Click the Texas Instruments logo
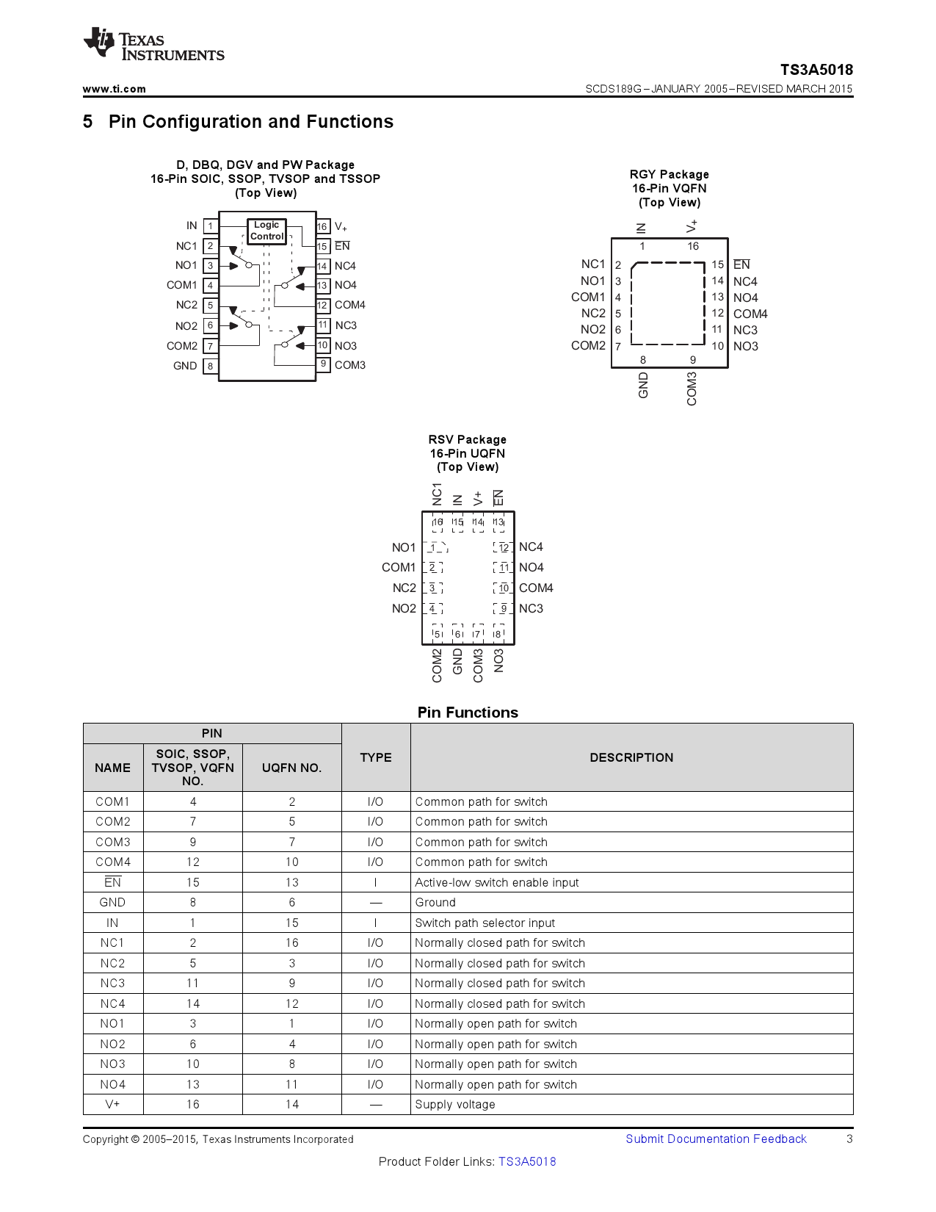(153, 45)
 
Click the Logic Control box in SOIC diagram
(266, 231)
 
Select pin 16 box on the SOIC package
(322, 226)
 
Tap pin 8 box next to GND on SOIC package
(210, 366)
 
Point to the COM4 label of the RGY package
(750, 314)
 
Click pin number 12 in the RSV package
(504, 547)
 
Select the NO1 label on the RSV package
(403, 547)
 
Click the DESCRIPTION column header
(631, 757)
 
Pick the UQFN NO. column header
(291, 768)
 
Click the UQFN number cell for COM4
(291, 862)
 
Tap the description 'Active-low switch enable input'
(496, 882)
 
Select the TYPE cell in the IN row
(375, 923)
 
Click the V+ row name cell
(112, 1104)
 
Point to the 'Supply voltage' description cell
(454, 1104)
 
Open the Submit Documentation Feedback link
(715, 1139)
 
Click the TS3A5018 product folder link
(526, 1161)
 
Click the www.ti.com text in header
(114, 89)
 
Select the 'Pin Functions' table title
(467, 712)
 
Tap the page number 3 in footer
(849, 1139)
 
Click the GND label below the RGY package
(643, 385)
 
